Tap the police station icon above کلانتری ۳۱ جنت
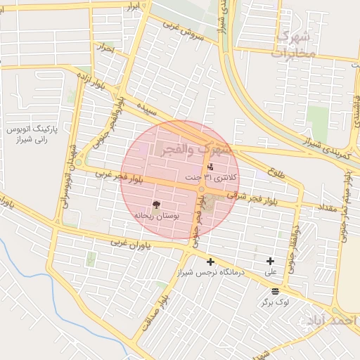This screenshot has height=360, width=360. tap(210, 167)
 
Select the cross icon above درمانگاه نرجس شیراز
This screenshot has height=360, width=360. tap(210, 262)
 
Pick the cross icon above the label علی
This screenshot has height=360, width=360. tap(270, 261)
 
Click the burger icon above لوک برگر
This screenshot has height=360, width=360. tap(274, 290)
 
